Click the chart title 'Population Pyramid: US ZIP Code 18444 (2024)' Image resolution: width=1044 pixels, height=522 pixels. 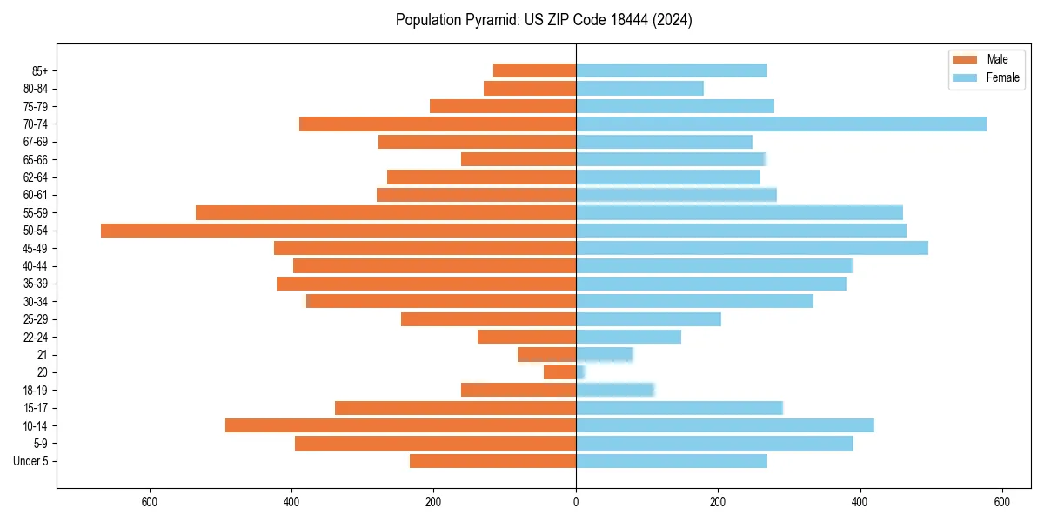544,20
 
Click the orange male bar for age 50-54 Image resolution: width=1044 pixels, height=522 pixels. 338,231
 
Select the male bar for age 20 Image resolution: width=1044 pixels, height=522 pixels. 560,372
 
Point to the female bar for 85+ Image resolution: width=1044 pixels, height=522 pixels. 671,70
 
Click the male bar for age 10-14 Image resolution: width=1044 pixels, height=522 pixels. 400,425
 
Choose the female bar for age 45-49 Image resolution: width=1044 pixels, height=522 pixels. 752,248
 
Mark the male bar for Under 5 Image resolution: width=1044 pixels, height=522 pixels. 492,461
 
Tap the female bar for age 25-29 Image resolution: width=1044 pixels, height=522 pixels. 648,319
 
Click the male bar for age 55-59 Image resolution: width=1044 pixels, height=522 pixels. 385,212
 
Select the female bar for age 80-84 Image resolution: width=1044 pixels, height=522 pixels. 639,88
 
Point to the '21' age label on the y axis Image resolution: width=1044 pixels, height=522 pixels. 42,355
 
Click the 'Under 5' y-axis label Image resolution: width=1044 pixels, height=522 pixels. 31,461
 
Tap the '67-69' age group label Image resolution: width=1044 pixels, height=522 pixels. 36,142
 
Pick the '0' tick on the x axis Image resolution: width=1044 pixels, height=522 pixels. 576,501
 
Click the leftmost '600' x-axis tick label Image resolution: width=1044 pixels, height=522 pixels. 149,501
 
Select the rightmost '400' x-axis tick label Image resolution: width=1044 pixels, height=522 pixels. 860,501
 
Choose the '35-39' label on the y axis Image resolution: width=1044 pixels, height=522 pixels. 36,284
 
